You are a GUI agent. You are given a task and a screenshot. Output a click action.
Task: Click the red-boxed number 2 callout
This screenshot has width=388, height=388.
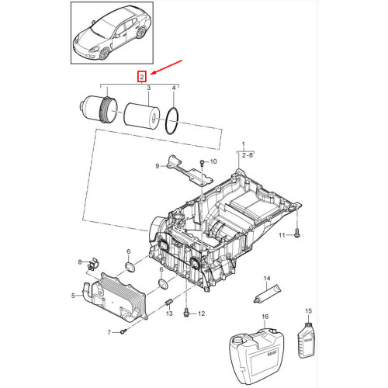[x=141, y=76]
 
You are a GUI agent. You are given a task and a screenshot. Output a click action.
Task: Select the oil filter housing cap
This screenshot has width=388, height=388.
[x=98, y=112]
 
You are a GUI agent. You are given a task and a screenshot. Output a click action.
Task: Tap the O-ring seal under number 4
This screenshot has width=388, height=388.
[x=175, y=122]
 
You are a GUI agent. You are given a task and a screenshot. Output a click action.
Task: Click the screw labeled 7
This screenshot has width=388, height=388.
[x=124, y=331]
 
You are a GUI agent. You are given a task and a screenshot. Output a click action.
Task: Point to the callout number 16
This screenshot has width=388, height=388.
[x=265, y=317]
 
